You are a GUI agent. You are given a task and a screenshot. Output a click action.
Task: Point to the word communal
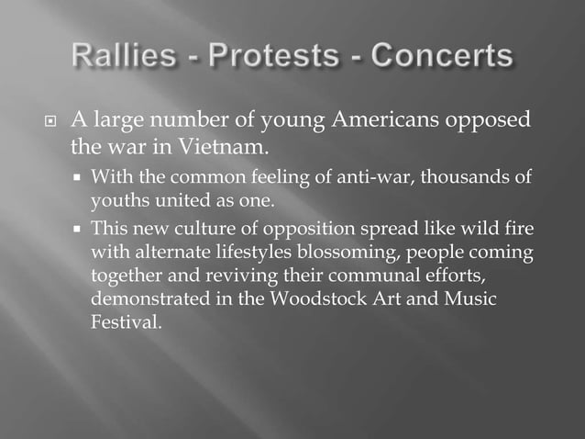pos(373,276)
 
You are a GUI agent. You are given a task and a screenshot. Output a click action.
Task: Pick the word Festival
pos(125,323)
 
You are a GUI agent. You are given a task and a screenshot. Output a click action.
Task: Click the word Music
pos(473,299)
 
